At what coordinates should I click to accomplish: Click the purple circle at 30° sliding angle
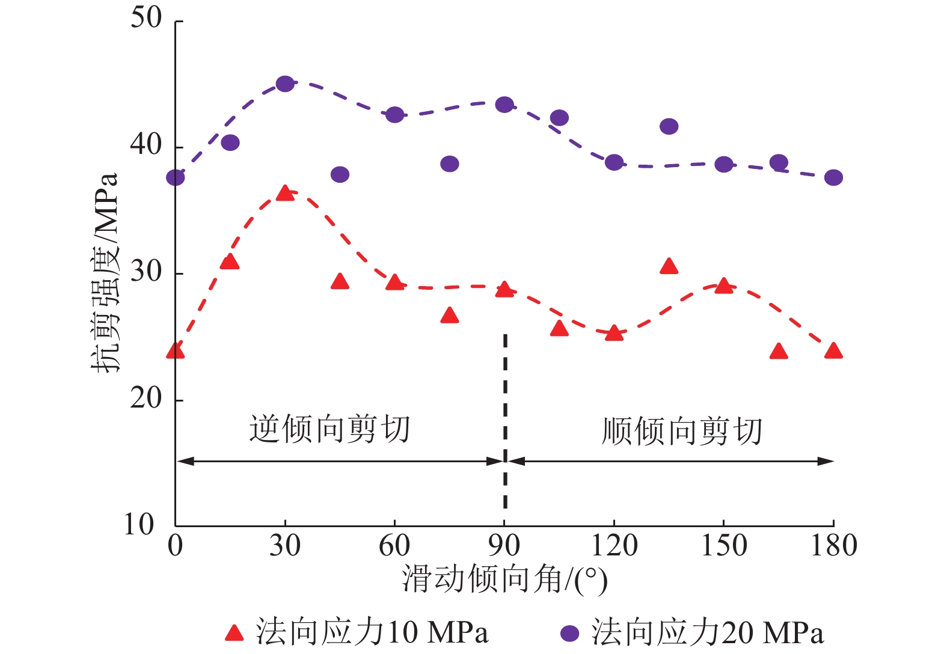pos(285,84)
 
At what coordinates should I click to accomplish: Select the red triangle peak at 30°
pos(285,194)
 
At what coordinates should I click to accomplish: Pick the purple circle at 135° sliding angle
pos(669,126)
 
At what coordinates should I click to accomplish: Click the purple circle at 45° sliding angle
pos(340,174)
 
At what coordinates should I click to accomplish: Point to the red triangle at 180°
pos(833,351)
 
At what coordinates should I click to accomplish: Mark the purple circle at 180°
pos(833,177)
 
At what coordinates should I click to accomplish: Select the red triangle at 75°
pos(450,316)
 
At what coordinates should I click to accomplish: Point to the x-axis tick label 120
pos(614,546)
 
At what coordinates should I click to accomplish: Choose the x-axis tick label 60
pos(394,546)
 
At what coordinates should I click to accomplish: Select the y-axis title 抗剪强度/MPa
pos(105,274)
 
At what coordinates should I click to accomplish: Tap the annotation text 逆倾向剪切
pos(329,430)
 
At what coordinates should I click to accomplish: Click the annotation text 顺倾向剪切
pos(682,432)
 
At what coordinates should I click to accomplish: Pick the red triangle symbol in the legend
pos(234,632)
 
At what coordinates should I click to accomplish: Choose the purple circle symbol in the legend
pos(569,633)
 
